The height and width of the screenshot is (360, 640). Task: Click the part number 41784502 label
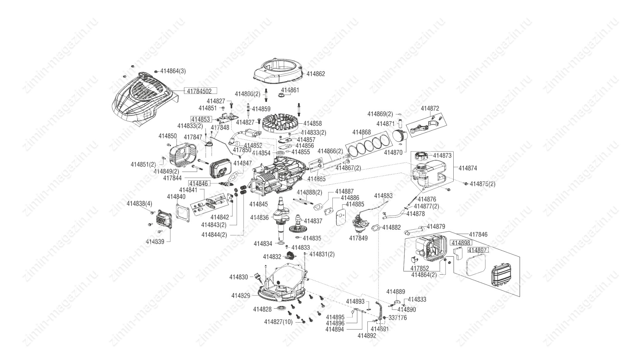(200, 91)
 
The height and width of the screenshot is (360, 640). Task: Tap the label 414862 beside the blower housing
(315, 74)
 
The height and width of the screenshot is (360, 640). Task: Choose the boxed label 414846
(199, 183)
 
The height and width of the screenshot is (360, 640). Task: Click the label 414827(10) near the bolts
(278, 322)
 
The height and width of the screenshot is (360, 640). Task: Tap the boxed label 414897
(478, 250)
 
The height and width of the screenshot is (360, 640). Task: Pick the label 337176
(398, 318)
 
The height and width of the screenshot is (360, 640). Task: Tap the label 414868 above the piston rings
(361, 132)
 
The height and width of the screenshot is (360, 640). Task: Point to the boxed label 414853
(201, 119)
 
